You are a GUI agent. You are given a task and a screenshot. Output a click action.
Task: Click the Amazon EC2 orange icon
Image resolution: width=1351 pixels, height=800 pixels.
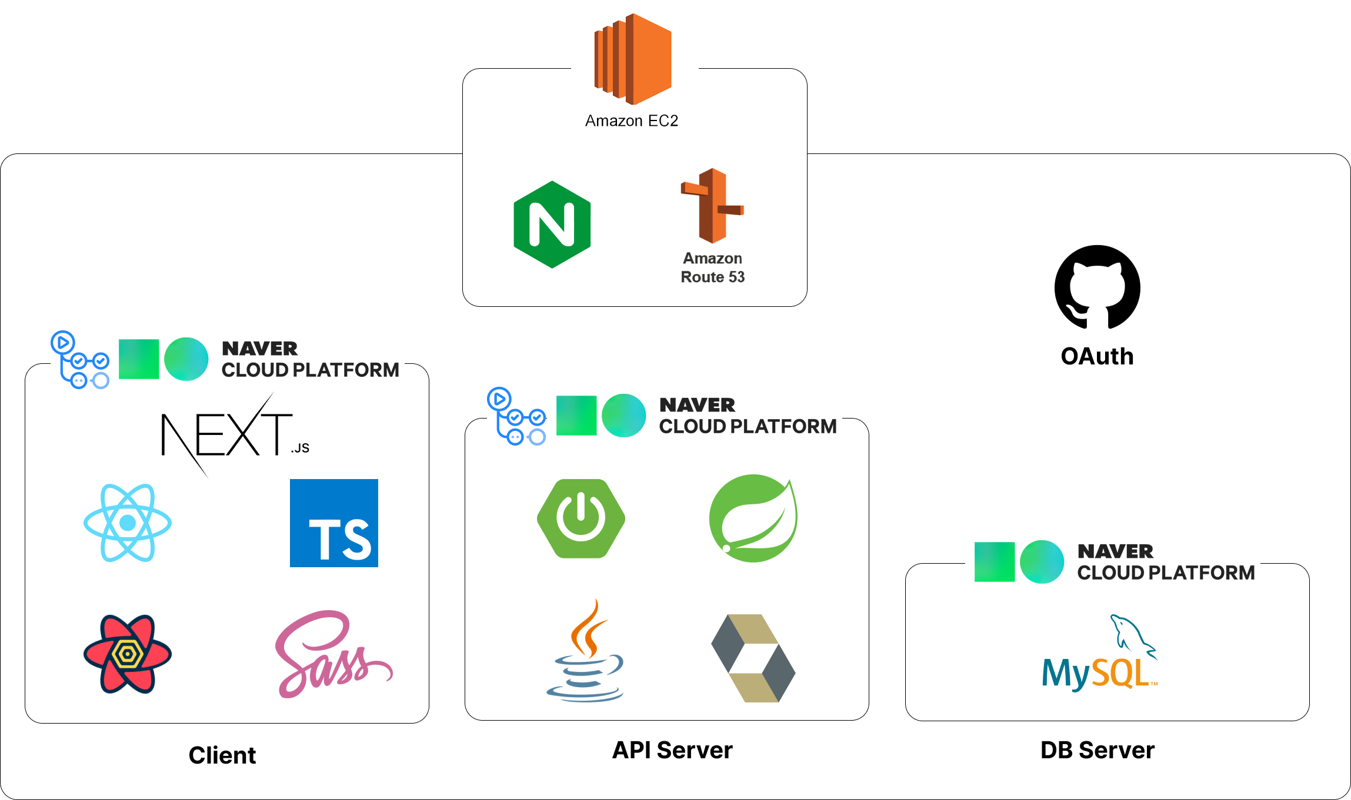pos(633,59)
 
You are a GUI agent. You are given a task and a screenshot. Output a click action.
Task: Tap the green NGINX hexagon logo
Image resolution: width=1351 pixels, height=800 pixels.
pos(552,225)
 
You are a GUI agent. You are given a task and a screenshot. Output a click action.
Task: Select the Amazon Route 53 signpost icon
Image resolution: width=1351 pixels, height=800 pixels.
pos(712,206)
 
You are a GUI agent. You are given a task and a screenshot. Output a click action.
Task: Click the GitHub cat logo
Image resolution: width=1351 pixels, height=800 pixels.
pos(1097,287)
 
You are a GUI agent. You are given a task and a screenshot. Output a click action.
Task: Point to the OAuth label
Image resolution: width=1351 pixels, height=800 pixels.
pos(1097,356)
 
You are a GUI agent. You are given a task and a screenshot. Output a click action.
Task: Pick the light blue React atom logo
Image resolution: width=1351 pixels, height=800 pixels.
pos(128,523)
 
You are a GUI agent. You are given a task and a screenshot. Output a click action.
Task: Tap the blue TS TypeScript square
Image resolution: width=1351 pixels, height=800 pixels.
pos(334,523)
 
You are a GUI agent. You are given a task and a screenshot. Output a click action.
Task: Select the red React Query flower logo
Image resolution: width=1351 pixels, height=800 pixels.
pos(128,654)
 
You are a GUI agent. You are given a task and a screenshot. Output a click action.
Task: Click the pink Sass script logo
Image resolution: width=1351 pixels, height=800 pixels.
pos(332,655)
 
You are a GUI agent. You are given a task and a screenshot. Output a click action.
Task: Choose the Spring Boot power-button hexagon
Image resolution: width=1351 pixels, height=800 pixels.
pos(581,518)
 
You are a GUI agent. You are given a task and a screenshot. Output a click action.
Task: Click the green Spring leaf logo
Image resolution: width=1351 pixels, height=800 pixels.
pos(753,518)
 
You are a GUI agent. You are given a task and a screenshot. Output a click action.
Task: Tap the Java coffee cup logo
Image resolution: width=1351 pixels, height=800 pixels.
pos(585,652)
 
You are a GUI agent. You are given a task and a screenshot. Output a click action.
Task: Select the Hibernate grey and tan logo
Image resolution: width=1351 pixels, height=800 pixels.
pos(753,658)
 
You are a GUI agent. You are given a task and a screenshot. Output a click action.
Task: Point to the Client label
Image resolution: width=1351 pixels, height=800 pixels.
pos(222,755)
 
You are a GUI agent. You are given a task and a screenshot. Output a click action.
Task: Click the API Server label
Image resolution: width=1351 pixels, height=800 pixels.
pos(672,750)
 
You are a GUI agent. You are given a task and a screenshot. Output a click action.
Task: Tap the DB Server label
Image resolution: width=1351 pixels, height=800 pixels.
pos(1098,750)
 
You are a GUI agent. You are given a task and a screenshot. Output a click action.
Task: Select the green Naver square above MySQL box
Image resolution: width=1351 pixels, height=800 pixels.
pos(994,562)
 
